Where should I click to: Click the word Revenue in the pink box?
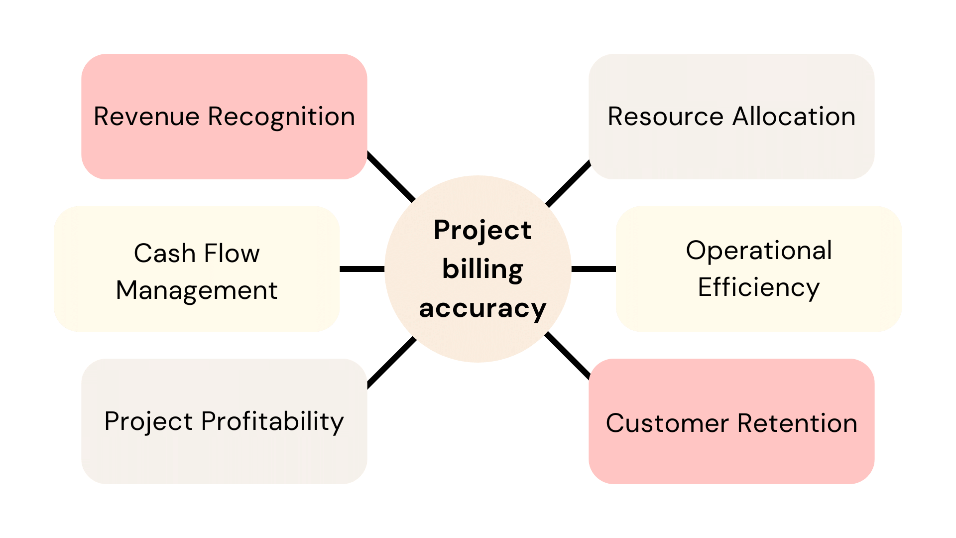coord(146,117)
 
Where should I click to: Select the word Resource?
coord(665,117)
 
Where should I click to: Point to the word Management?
coord(197,291)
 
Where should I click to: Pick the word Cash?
coord(165,254)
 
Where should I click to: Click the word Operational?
coord(759,251)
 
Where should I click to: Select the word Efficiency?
coord(758,288)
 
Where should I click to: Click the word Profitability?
coord(272,422)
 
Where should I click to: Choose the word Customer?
coord(667,423)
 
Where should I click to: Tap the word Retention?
coord(797,423)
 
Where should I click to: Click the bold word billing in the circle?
coord(482,269)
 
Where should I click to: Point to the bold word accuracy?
coord(482,308)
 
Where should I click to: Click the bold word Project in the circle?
coord(482,230)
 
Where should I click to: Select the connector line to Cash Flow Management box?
coord(362,269)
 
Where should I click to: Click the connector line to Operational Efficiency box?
coord(594,269)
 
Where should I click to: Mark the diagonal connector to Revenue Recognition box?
coord(391,177)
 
